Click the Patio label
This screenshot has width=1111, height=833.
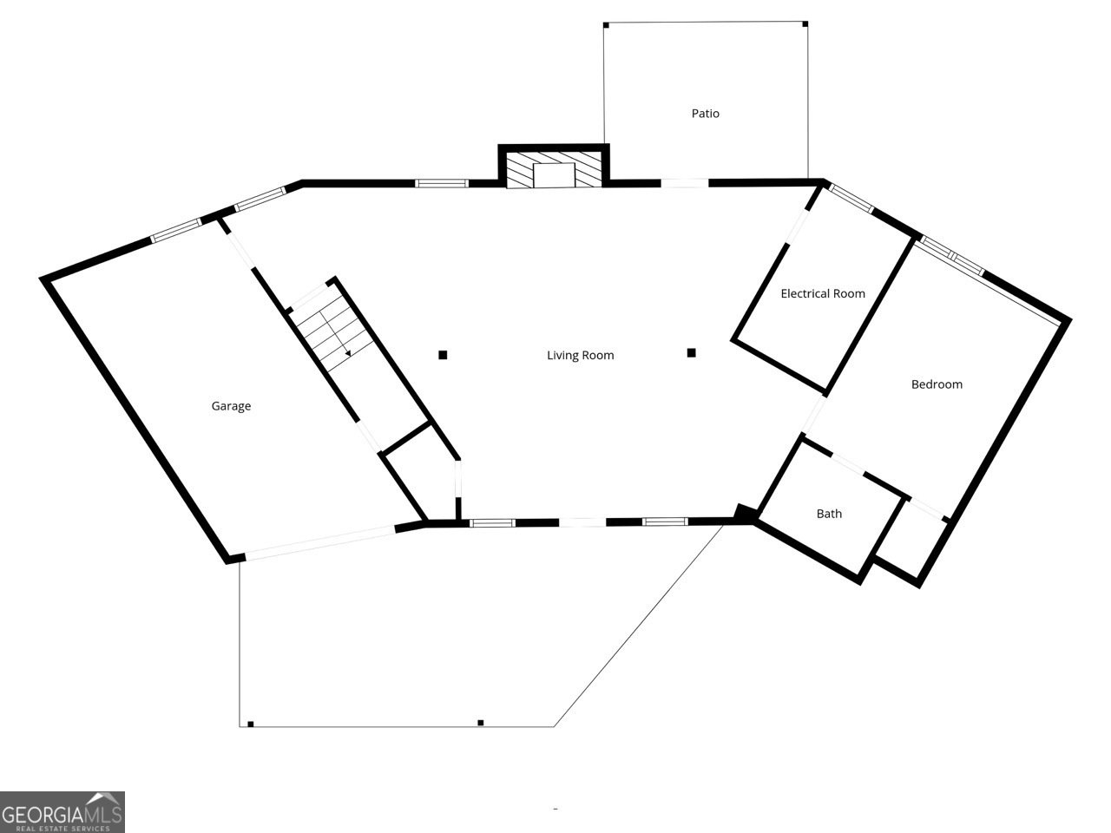point(705,114)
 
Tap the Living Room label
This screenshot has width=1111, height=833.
point(580,355)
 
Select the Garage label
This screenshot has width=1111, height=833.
point(231,406)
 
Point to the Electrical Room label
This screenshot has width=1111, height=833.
point(822,293)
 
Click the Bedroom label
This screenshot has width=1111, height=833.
point(936,384)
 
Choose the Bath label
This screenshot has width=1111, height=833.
point(829,514)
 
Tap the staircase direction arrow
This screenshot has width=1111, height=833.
point(347,352)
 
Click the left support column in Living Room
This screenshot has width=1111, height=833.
point(443,354)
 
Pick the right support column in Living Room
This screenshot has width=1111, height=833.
point(692,352)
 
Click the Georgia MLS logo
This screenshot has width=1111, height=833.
point(62,812)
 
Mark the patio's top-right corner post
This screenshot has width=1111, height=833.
point(805,24)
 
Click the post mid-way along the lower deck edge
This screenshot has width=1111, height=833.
point(480,722)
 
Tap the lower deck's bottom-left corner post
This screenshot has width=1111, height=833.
point(250,723)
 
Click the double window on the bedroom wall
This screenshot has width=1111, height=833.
point(952,256)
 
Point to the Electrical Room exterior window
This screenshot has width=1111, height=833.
point(851,198)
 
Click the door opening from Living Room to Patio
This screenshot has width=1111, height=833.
point(685,183)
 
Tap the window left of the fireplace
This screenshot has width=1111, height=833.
point(442,183)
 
